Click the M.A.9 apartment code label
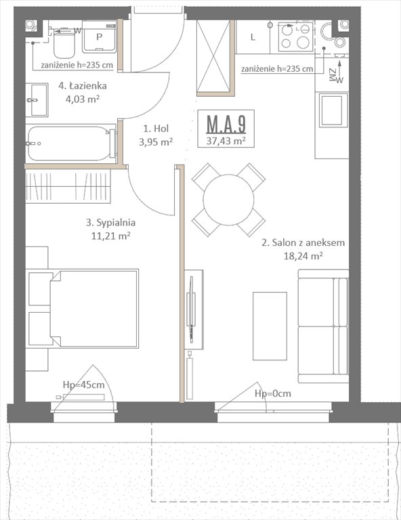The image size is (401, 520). [x=226, y=125]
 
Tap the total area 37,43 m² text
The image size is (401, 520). [x=226, y=140]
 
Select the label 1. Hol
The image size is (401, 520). [x=155, y=128]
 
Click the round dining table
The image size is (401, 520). [x=229, y=199]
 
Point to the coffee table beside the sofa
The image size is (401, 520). [x=270, y=326]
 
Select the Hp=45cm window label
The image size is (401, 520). [x=83, y=385]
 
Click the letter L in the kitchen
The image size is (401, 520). [x=253, y=37]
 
